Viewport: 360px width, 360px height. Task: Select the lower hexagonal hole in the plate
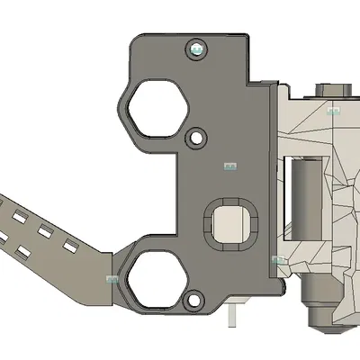156,279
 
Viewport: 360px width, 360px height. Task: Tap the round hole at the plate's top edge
196,49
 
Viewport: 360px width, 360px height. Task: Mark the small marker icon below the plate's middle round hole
229,166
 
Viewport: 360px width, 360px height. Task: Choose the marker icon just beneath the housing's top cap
334,112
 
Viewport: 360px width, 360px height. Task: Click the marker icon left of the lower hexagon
112,279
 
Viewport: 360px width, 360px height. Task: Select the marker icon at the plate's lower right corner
278,260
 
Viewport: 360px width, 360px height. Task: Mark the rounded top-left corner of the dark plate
136,41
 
